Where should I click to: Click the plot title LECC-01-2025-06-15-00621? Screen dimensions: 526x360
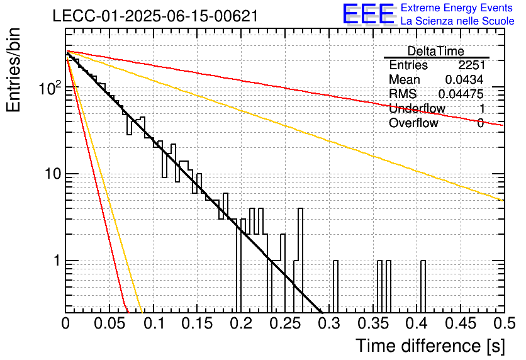click(155, 16)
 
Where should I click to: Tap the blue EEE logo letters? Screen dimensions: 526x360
click(368, 14)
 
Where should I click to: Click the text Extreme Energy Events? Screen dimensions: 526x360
click(457, 8)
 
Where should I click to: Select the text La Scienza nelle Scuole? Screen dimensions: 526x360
click(457, 21)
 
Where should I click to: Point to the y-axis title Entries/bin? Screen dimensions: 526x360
click(14, 70)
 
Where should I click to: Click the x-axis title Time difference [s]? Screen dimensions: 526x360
click(430, 346)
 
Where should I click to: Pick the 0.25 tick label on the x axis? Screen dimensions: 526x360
click(285, 323)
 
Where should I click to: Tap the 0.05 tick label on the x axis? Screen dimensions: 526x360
click(109, 323)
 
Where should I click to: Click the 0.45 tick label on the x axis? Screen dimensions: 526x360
click(461, 323)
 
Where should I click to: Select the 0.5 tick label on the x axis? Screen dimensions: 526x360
click(504, 323)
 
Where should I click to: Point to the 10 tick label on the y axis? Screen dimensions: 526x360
click(52, 174)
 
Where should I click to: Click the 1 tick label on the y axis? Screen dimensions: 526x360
click(57, 261)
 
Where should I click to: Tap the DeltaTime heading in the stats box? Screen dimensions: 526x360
click(436, 51)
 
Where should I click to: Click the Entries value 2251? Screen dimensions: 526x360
click(471, 65)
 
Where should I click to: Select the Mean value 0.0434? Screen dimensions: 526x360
click(464, 79)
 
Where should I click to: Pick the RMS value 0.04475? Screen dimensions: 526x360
click(461, 94)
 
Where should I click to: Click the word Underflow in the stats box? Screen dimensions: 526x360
click(417, 108)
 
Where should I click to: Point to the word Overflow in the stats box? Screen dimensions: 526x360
click(413, 123)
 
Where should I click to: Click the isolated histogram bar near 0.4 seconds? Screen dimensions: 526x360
click(423, 286)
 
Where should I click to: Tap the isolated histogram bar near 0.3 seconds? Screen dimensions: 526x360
click(335, 286)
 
